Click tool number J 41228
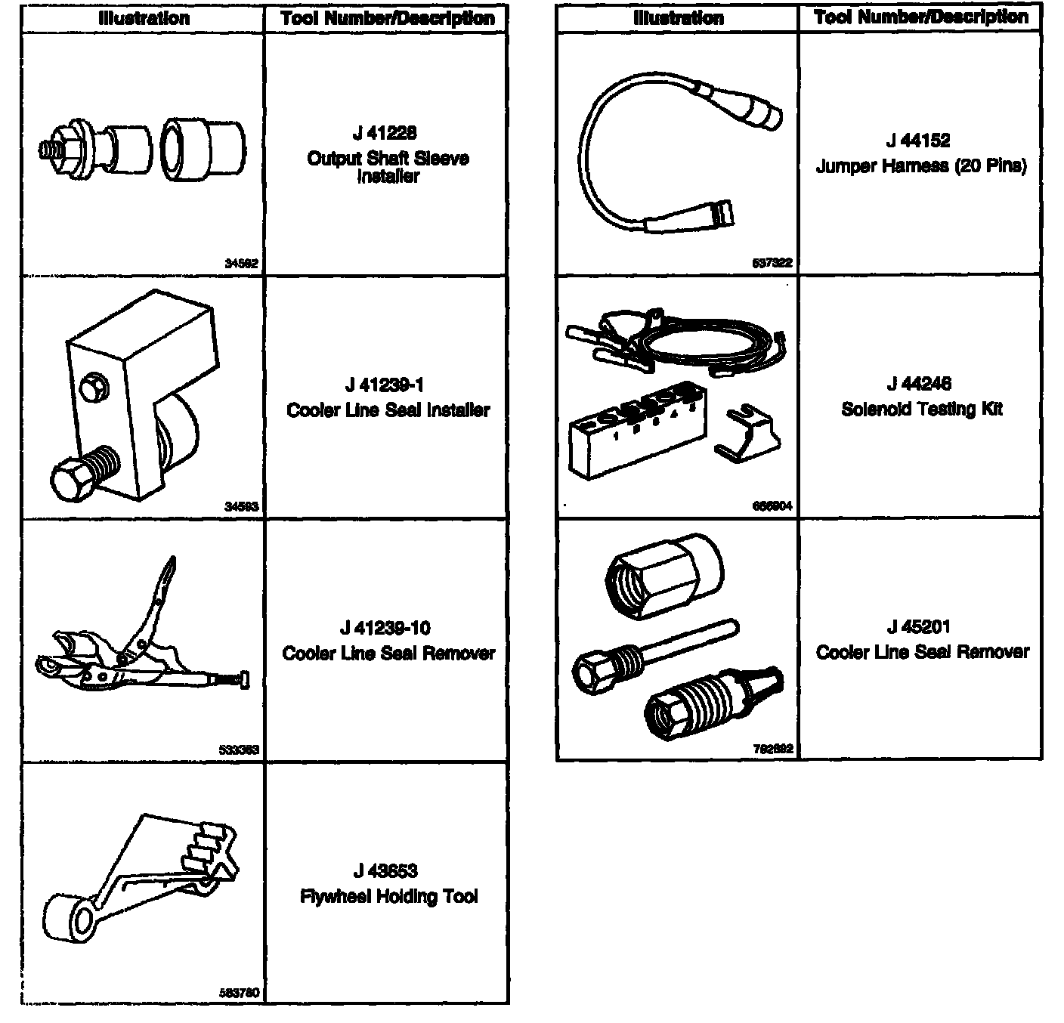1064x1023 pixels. click(385, 134)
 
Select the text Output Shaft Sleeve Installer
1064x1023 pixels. click(388, 167)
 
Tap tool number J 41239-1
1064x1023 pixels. click(385, 385)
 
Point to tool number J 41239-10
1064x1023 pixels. click(385, 628)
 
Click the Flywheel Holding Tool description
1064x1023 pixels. click(388, 897)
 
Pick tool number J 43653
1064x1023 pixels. click(385, 871)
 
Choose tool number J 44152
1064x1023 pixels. click(919, 141)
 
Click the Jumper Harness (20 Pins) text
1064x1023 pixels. click(921, 166)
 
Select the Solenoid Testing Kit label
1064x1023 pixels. click(922, 409)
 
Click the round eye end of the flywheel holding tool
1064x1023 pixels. click(71, 919)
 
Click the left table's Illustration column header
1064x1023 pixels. click(144, 18)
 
